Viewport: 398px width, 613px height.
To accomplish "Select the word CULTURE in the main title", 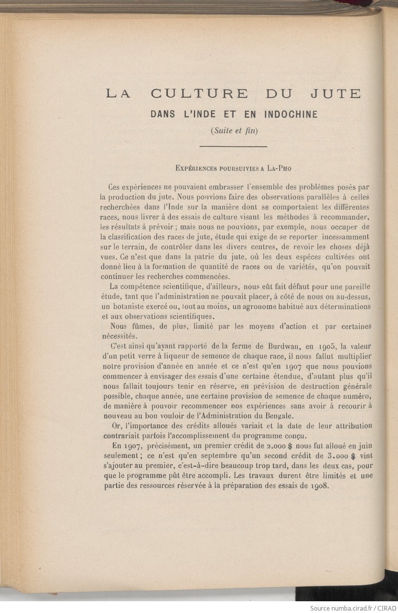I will point(199,94).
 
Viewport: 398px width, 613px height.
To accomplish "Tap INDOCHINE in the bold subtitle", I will point(291,114).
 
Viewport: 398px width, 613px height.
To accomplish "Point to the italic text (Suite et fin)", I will point(234,131).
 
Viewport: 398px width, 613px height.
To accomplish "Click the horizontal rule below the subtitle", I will point(233,146).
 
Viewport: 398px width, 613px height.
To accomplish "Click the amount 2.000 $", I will point(280,446).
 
